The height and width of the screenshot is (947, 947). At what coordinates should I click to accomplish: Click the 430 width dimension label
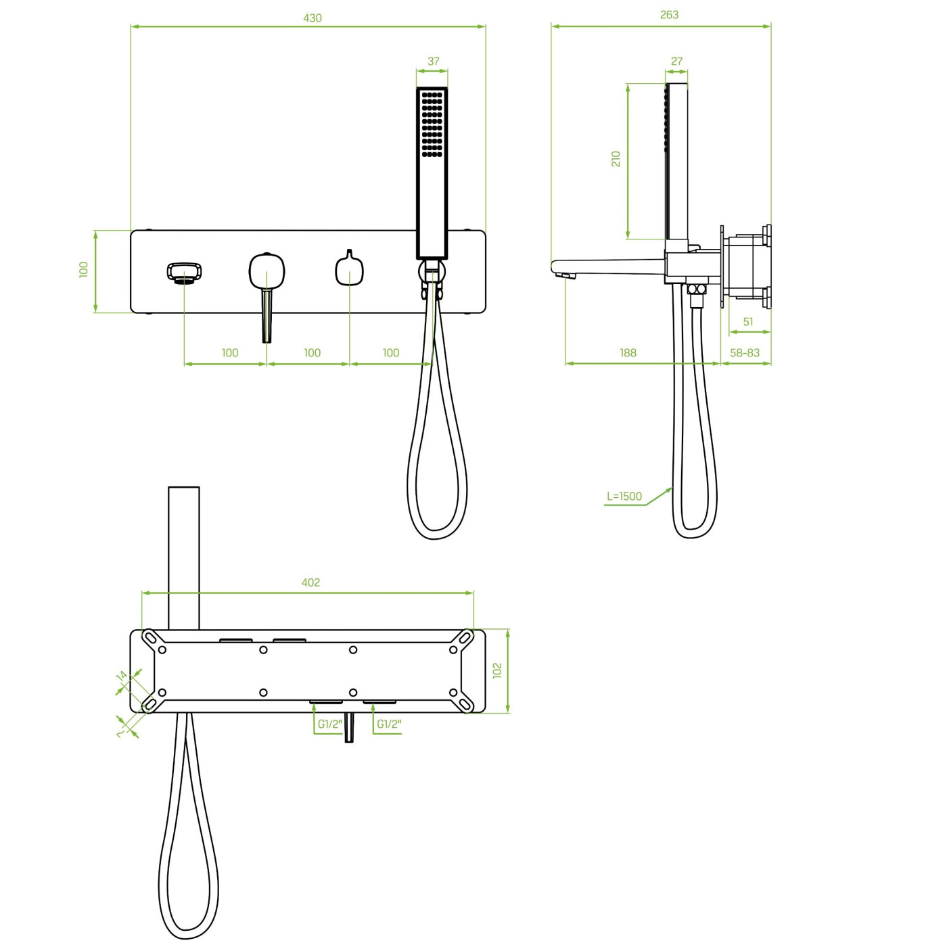312,18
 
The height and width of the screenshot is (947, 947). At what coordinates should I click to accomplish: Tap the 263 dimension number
669,16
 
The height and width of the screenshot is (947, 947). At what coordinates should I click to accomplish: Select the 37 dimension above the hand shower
433,62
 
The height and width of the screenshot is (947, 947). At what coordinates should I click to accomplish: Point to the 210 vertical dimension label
616,159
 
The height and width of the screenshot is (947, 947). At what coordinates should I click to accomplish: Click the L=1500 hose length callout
624,496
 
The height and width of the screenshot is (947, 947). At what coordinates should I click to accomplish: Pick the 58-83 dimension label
745,352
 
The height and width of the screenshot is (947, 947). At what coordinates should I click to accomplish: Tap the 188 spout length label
628,352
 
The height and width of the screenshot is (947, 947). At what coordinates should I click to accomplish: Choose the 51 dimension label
747,322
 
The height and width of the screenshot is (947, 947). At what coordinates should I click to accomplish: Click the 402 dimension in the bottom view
310,582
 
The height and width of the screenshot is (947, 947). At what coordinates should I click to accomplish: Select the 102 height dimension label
497,670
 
